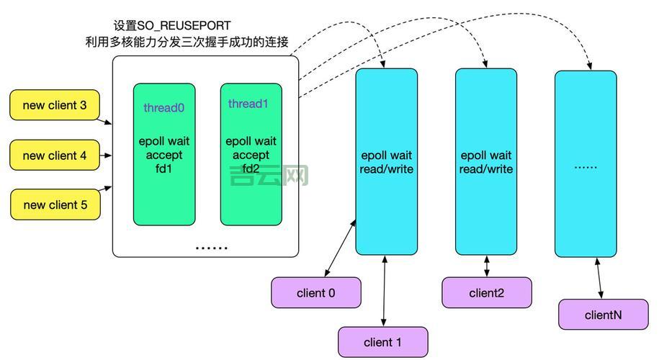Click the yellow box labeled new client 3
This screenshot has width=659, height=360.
[x=55, y=105]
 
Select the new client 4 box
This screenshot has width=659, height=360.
[x=55, y=156]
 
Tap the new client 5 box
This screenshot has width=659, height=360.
[x=55, y=205]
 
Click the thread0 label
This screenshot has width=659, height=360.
[x=164, y=108]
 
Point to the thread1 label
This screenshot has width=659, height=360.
[x=248, y=104]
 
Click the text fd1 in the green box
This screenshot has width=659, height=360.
[x=164, y=169]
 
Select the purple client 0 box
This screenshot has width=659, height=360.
[x=315, y=293]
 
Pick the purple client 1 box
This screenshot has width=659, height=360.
[x=383, y=342]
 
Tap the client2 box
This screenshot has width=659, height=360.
[x=487, y=293]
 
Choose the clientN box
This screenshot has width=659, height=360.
[x=604, y=315]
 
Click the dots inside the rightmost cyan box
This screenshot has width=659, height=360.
[x=586, y=166]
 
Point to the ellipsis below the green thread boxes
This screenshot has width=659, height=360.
[x=212, y=248]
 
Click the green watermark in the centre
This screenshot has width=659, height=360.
[x=269, y=175]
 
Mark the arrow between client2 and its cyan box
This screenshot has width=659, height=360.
[x=487, y=266]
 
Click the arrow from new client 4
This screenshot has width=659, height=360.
[x=106, y=156]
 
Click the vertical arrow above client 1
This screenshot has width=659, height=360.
[x=386, y=291]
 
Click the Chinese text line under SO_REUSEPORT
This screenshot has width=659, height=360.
[x=187, y=42]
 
